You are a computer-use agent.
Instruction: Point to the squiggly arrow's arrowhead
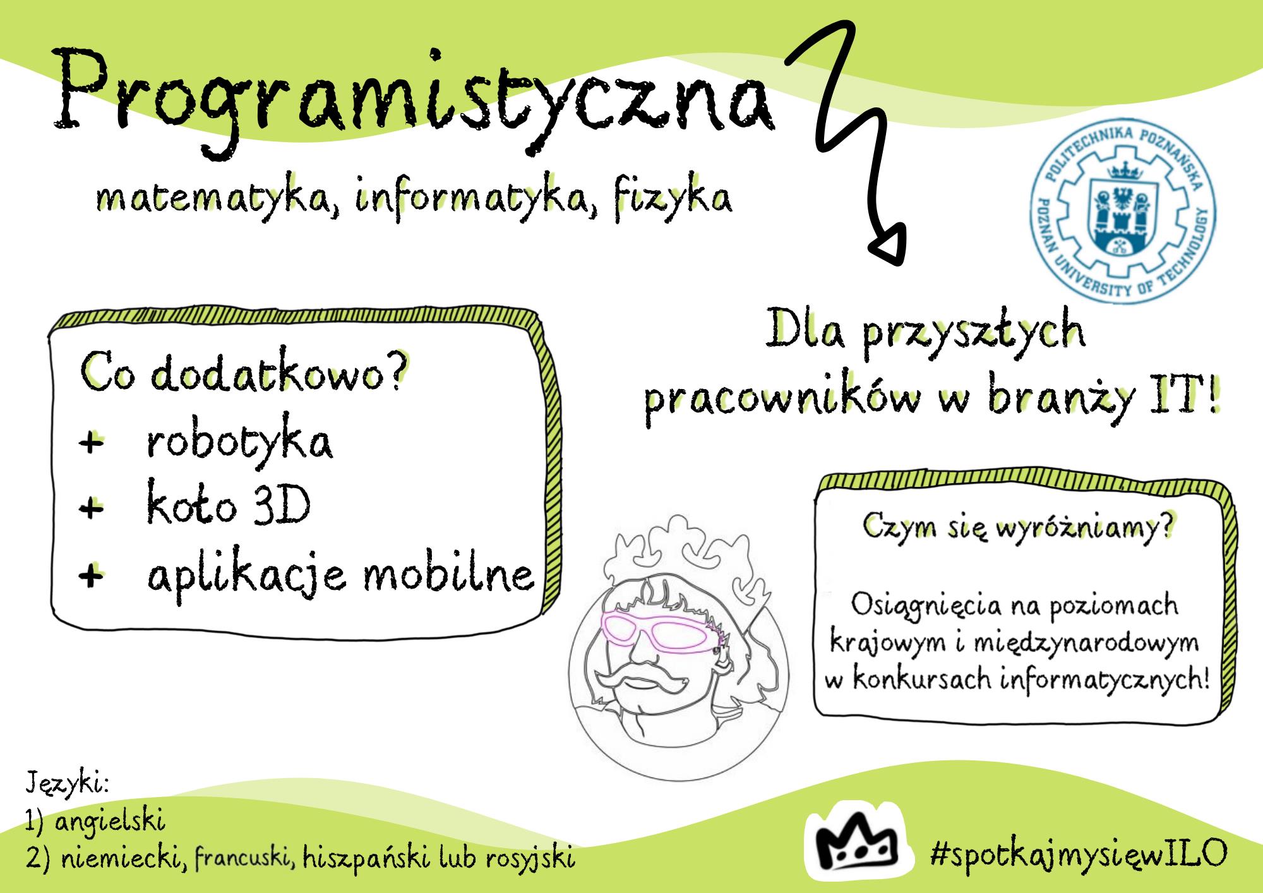point(891,245)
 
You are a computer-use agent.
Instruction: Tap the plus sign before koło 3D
point(92,508)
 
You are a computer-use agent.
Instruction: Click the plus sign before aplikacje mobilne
point(92,575)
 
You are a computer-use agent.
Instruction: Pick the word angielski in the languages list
point(110,822)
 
